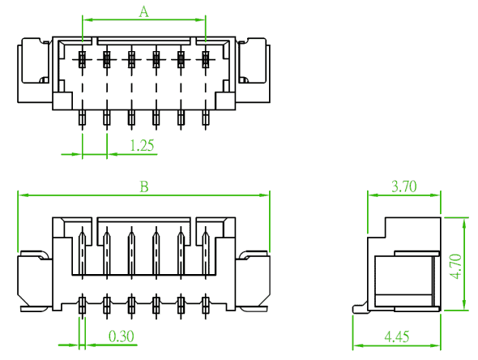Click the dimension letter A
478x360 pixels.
(144, 12)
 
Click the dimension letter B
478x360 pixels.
(144, 186)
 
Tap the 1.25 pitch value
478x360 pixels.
(142, 145)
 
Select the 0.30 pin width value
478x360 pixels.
(122, 336)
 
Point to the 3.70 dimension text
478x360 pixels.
(404, 186)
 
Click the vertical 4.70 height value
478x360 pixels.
(457, 266)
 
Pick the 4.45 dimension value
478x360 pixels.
(397, 336)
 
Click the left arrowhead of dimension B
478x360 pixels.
(23, 195)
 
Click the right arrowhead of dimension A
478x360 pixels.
(200, 19)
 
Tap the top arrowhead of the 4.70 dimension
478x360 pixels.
(464, 223)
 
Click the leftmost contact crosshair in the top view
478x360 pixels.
(83, 59)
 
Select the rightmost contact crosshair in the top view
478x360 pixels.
(206, 59)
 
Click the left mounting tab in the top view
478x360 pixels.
(34, 71)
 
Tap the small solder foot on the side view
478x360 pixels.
(360, 307)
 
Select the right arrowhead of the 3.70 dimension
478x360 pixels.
(435, 195)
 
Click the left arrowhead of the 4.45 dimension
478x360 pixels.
(358, 345)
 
